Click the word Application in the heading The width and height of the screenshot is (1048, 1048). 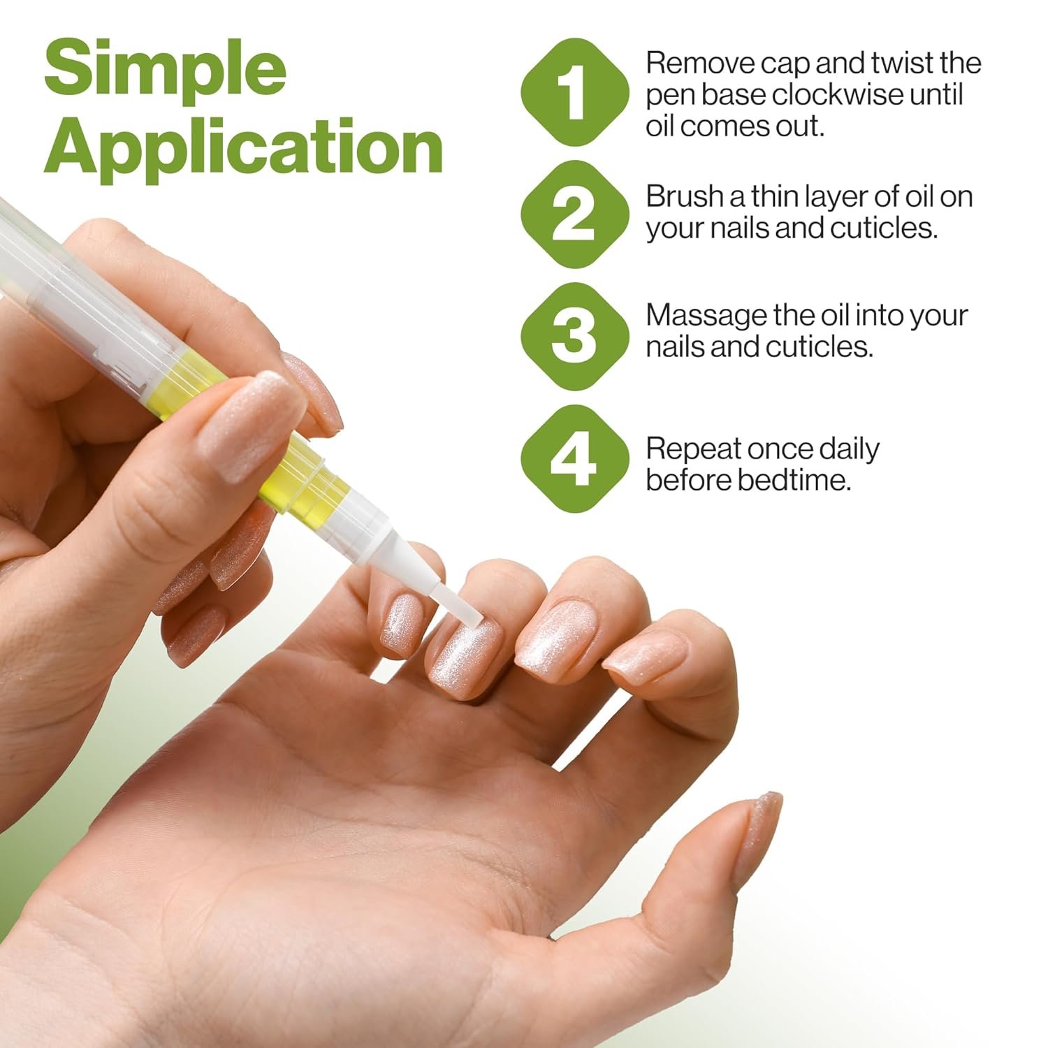[x=243, y=147]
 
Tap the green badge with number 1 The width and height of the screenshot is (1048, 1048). [x=574, y=93]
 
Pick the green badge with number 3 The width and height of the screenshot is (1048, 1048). [x=574, y=336]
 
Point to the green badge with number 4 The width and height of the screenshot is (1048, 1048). [x=574, y=459]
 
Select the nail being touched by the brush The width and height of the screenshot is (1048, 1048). [x=461, y=653]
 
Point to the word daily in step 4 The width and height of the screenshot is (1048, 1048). [x=849, y=449]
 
